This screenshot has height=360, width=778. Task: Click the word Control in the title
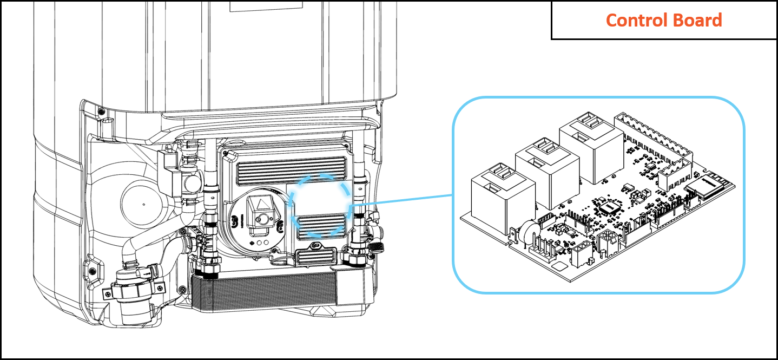[632, 21]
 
